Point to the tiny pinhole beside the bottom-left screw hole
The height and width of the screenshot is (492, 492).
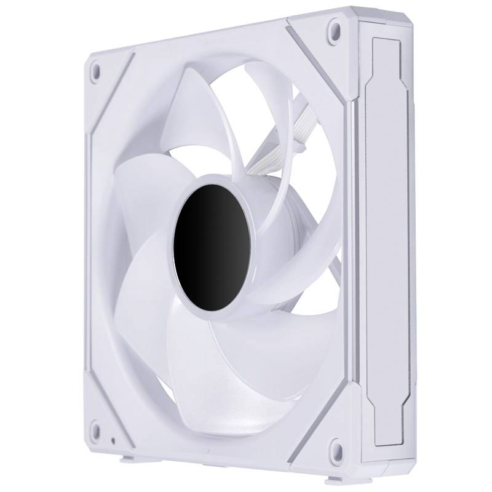tap(113, 441)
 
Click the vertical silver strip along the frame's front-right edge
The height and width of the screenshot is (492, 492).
tap(353, 246)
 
